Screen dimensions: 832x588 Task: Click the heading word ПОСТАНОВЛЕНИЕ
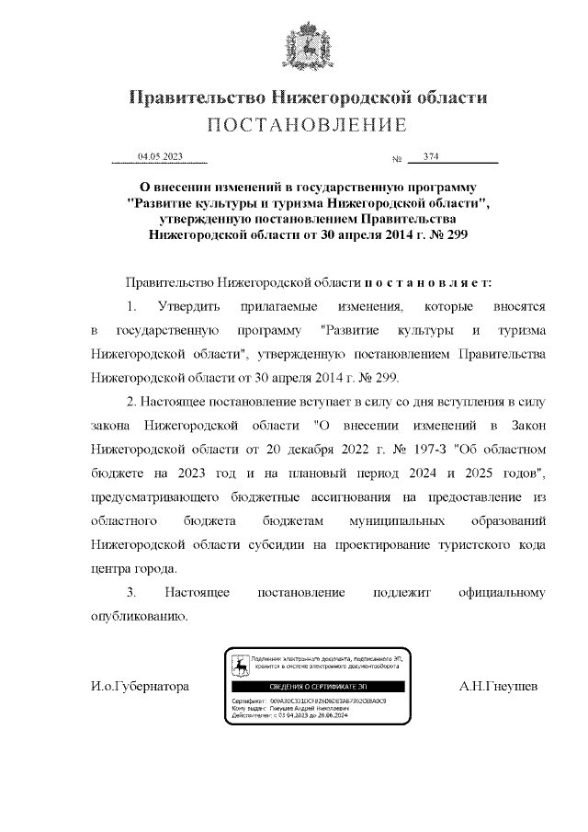click(306, 125)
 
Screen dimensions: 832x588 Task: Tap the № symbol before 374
click(398, 160)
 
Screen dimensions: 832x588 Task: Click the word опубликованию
click(140, 616)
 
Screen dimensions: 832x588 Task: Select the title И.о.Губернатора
click(140, 687)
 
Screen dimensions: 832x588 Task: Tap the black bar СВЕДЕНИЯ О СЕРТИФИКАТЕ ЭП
click(314, 687)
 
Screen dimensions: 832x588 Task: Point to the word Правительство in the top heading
click(195, 97)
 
